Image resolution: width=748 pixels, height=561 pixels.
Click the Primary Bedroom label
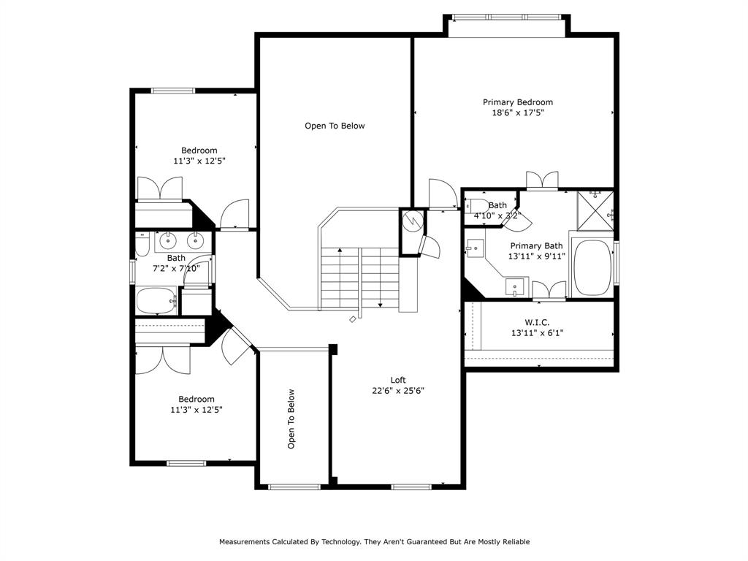[517, 102]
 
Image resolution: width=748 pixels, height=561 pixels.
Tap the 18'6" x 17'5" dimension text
[517, 113]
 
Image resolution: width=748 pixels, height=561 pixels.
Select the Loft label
[398, 380]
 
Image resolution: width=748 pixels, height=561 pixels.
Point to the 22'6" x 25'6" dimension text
[398, 391]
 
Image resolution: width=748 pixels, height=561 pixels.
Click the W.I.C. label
[537, 322]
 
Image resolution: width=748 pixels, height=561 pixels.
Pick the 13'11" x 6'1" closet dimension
[537, 333]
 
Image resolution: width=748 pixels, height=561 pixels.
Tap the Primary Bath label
[536, 246]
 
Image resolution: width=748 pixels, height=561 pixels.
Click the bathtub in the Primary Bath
[592, 267]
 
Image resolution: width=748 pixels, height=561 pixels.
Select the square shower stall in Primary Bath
[595, 210]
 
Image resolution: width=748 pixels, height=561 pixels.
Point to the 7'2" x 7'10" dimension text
[176, 268]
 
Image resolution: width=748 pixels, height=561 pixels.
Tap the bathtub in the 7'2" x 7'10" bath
[156, 299]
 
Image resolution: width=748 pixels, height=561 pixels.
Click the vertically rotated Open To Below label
[291, 419]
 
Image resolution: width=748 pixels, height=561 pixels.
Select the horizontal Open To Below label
[335, 126]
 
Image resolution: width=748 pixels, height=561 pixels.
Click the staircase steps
[359, 278]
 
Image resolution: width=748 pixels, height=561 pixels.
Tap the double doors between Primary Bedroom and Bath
[542, 181]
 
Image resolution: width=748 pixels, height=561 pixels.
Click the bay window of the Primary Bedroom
[507, 17]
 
